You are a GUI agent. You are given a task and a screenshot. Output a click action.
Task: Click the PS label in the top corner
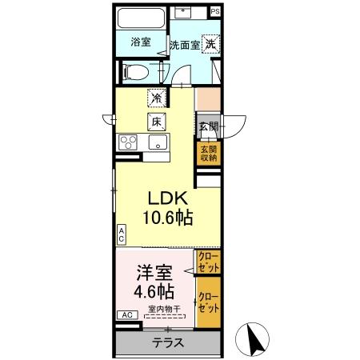(214, 13)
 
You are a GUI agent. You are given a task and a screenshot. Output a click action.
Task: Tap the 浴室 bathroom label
(141, 42)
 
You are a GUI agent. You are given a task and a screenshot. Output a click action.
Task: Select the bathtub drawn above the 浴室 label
(140, 18)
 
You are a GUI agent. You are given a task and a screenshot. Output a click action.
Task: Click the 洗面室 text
(183, 45)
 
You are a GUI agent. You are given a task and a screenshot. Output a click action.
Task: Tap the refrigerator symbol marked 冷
(155, 98)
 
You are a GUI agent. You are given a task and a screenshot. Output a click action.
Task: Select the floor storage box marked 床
(155, 122)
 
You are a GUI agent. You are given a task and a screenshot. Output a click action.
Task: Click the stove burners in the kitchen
(130, 143)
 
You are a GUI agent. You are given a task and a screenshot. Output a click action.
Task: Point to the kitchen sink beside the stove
(157, 143)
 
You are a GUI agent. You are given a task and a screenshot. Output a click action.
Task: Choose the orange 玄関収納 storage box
(208, 154)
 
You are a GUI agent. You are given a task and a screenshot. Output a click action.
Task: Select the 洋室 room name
(152, 272)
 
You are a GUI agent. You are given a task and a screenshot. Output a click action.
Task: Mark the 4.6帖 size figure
(152, 291)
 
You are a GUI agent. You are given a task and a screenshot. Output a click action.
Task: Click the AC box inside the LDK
(121, 234)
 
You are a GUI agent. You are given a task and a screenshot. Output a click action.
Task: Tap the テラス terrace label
(167, 342)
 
